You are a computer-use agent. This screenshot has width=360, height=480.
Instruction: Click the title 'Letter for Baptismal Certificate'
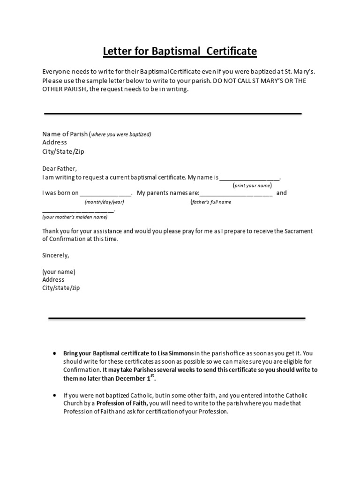pos(180,51)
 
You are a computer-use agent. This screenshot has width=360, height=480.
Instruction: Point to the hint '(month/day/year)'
pos(104,202)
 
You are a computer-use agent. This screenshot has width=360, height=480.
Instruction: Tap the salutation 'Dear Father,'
pos(60,168)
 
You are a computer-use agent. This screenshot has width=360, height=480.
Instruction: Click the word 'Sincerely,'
pos(56,255)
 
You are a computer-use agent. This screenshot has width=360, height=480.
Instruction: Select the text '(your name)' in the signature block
pos(59,272)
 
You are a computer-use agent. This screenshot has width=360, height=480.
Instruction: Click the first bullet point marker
pos(55,353)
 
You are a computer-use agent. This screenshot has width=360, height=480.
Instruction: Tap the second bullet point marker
pos(55,396)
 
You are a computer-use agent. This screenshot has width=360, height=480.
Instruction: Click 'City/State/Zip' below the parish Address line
pos(63,151)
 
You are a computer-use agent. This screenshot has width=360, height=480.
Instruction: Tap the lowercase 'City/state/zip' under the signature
pos(61,288)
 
